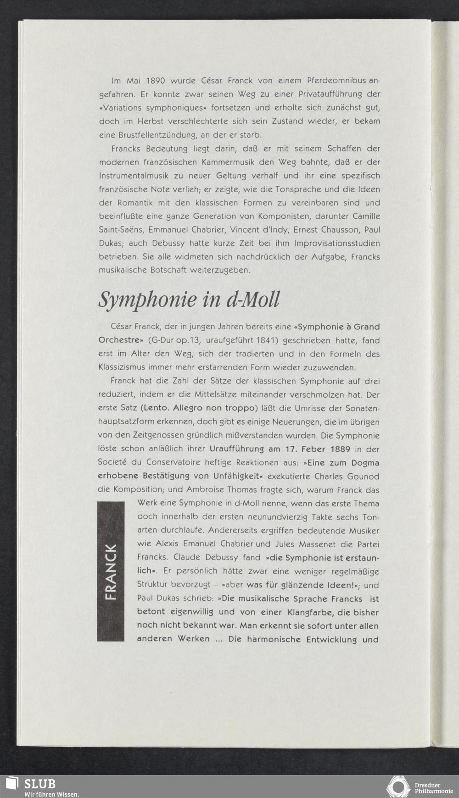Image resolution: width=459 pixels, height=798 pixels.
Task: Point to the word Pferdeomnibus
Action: (336, 81)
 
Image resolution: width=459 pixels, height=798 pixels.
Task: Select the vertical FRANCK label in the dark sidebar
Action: (111, 571)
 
